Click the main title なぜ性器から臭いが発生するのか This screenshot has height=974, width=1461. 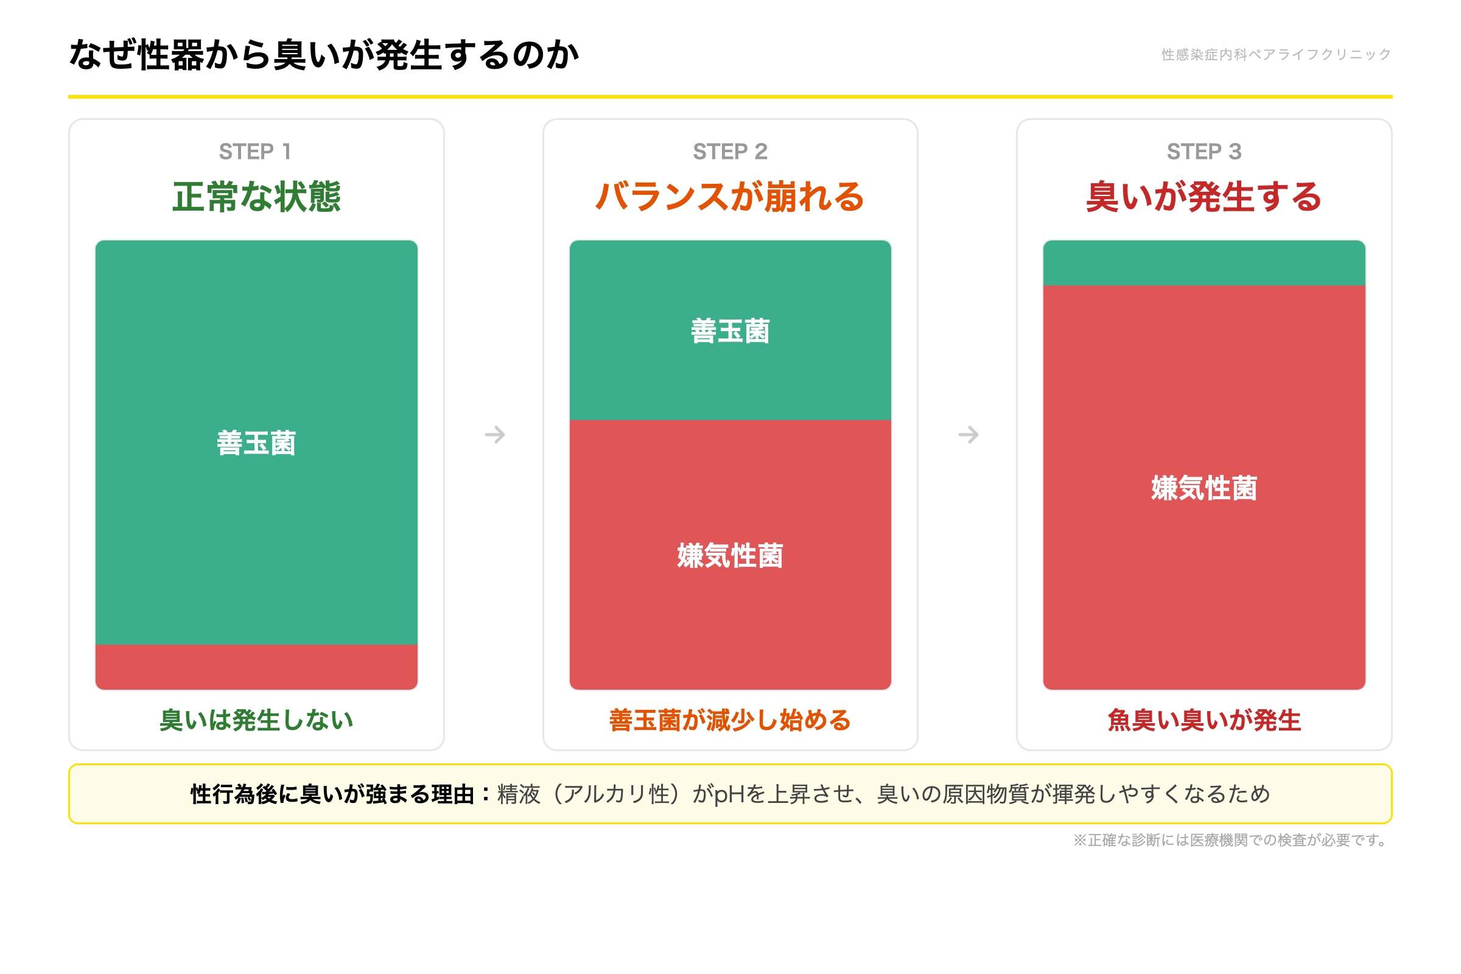tap(324, 55)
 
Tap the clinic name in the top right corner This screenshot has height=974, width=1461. tap(1275, 55)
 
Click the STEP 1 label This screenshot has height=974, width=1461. tap(255, 152)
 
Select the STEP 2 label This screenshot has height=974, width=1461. tap(730, 152)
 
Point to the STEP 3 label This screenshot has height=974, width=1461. tap(1204, 152)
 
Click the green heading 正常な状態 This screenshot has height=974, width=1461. tap(256, 197)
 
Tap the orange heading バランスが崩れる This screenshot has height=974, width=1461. tap(730, 197)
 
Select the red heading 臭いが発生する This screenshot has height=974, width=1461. tap(1204, 197)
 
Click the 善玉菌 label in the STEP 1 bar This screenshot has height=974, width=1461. tap(256, 443)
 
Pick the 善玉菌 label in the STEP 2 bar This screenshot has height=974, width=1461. tap(730, 331)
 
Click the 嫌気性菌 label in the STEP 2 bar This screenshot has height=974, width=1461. tap(730, 555)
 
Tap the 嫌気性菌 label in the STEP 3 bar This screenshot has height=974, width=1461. tap(1204, 488)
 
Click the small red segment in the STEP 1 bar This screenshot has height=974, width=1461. tap(256, 667)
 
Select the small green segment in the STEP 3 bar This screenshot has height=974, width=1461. tap(1204, 264)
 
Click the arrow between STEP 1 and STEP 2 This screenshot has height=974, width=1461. tap(494, 434)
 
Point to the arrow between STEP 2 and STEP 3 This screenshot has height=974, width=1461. tap(968, 434)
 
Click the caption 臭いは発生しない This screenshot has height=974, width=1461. tap(256, 720)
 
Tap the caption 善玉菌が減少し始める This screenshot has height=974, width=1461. tap(730, 720)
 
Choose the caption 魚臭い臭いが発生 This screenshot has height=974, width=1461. tap(1204, 720)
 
